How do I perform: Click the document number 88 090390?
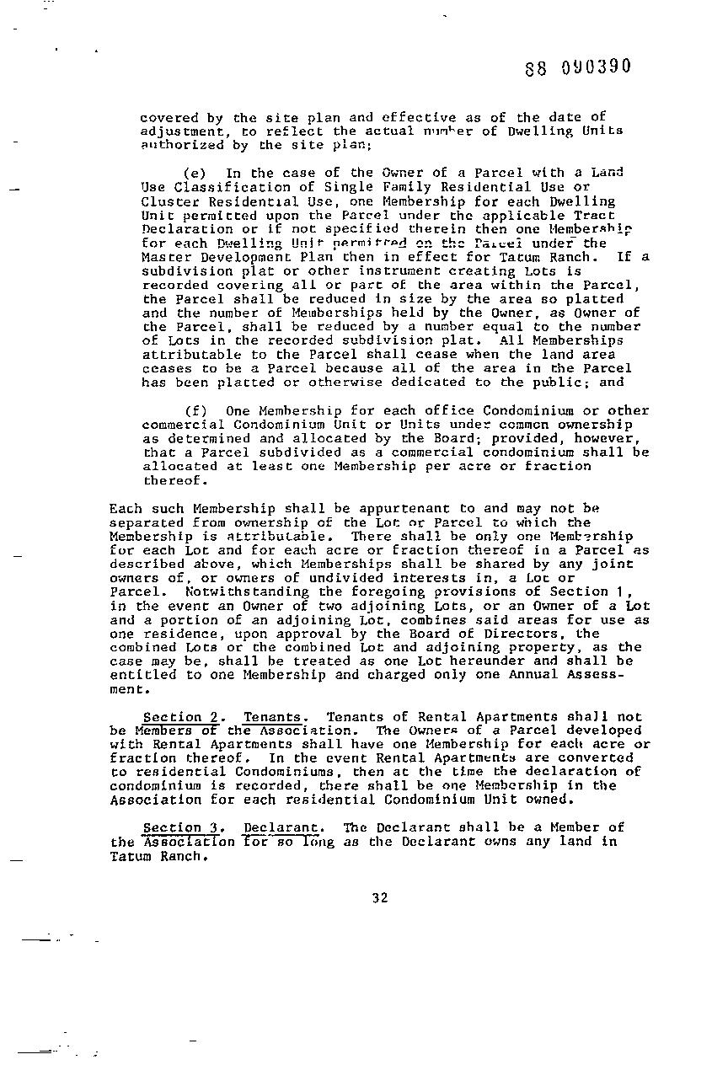pyautogui.click(x=577, y=67)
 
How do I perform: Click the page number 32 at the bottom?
pyautogui.click(x=379, y=898)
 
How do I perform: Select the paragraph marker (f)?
pyautogui.click(x=194, y=411)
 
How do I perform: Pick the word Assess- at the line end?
pyautogui.click(x=615, y=675)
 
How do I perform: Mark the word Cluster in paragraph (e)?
pyautogui.click(x=165, y=201)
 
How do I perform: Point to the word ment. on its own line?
pyautogui.click(x=127, y=689)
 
